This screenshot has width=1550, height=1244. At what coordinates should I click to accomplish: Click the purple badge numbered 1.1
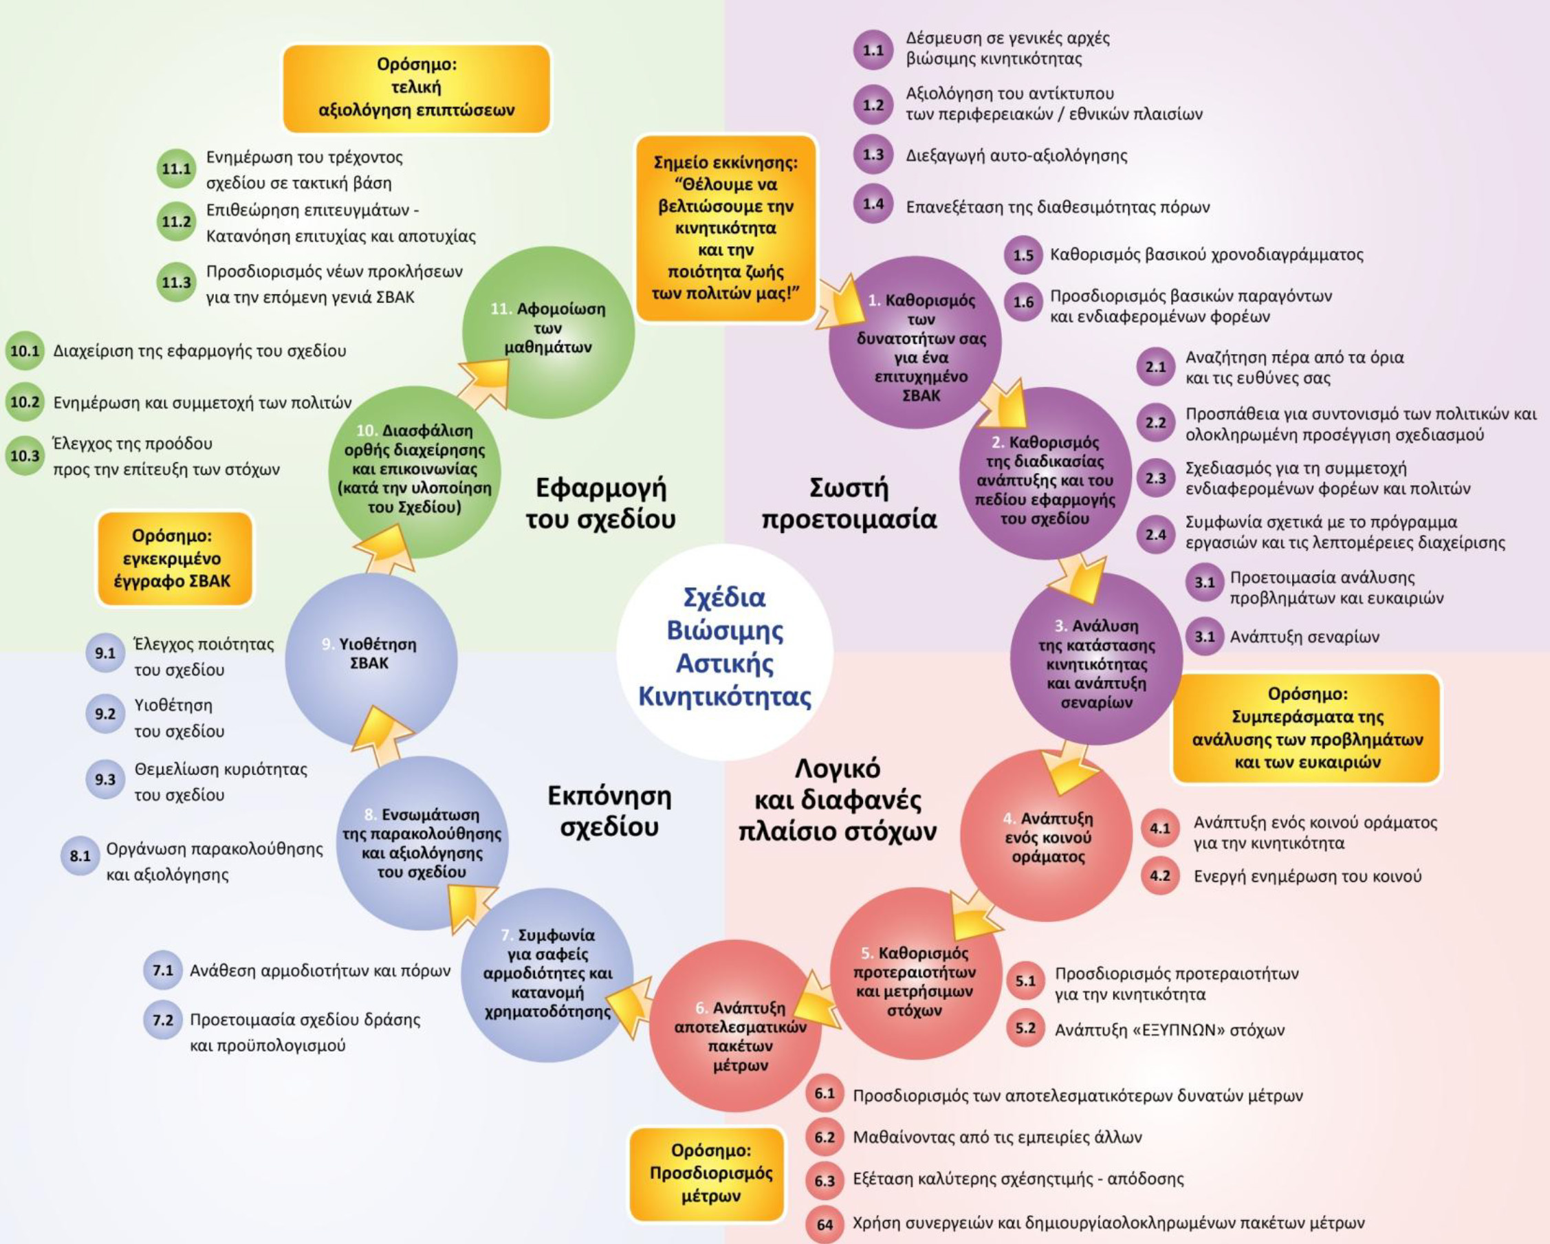click(873, 50)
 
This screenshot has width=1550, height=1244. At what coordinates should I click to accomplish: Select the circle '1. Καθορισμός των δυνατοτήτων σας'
click(915, 342)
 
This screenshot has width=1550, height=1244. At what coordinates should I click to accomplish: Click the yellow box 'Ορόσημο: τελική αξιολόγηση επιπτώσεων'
click(416, 88)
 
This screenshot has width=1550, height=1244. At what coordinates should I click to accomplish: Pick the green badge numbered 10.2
click(25, 402)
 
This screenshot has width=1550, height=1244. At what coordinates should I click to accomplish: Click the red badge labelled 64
click(825, 1225)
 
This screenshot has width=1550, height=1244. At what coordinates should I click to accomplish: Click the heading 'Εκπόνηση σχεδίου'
click(609, 811)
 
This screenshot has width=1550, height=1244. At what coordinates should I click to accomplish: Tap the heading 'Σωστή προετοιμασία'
click(849, 503)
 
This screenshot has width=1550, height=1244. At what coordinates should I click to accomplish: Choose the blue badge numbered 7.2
click(162, 1020)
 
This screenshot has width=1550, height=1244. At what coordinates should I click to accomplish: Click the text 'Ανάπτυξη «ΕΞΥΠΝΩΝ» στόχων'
click(1169, 1029)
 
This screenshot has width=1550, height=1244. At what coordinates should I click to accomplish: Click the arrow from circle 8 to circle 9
click(382, 734)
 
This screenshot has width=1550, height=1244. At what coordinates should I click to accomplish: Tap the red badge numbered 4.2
click(1159, 876)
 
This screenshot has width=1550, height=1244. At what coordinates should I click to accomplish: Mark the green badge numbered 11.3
click(175, 283)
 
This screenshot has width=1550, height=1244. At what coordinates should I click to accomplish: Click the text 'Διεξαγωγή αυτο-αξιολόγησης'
click(1016, 155)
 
